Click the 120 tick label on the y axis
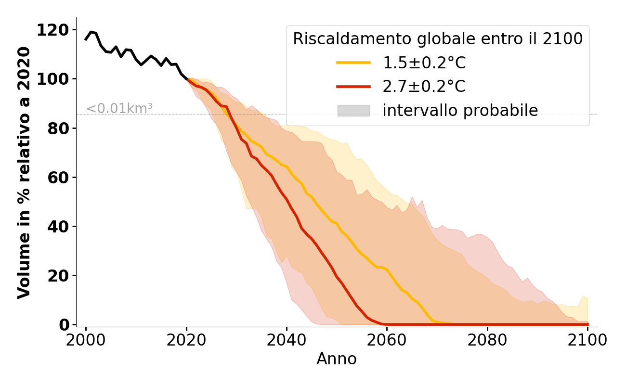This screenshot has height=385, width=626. [53, 30]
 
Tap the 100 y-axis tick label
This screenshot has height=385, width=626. [53, 79]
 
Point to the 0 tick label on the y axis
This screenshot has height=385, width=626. [65, 325]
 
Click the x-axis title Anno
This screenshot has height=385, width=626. [337, 359]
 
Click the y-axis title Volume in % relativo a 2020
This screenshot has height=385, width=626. [24, 172]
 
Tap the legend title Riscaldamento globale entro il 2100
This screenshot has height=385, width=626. [438, 39]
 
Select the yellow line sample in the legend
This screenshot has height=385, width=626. [353, 63]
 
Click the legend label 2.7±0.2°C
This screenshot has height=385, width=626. [424, 87]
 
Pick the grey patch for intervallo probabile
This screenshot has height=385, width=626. [353, 111]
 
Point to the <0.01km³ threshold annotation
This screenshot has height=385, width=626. [119, 109]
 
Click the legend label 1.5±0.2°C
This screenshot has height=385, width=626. [424, 63]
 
